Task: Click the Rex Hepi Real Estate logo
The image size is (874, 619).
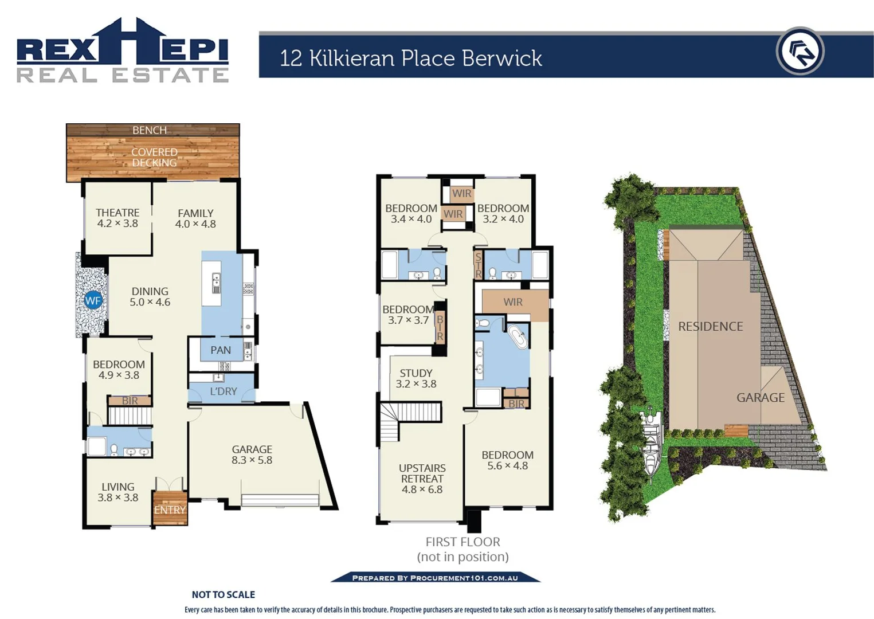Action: (x=123, y=51)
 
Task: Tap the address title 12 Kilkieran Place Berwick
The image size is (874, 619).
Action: (x=410, y=58)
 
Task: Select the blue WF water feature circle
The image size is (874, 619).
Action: (x=93, y=300)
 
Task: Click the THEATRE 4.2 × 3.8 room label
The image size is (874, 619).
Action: (x=117, y=218)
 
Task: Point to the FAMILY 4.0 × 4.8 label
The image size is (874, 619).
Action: (x=195, y=219)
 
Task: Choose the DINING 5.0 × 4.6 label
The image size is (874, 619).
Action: (x=150, y=297)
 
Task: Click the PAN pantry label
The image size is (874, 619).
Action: (x=221, y=350)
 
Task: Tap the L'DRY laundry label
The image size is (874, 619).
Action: (x=223, y=391)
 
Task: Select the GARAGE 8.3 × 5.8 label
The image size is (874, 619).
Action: (x=252, y=455)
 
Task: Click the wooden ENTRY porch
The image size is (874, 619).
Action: (x=170, y=508)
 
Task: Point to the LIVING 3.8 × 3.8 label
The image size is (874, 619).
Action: (x=118, y=492)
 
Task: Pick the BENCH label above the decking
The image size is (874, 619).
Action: (x=150, y=130)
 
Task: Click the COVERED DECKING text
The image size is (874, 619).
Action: (x=154, y=158)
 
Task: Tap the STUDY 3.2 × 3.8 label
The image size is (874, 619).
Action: (x=416, y=379)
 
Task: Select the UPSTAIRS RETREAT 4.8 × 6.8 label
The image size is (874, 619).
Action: (x=422, y=479)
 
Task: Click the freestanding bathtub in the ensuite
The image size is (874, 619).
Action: (x=519, y=337)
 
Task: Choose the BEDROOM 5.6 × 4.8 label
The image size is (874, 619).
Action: (x=507, y=460)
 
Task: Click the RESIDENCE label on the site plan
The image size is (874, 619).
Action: (x=710, y=327)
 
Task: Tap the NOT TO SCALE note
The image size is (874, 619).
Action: (x=223, y=595)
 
